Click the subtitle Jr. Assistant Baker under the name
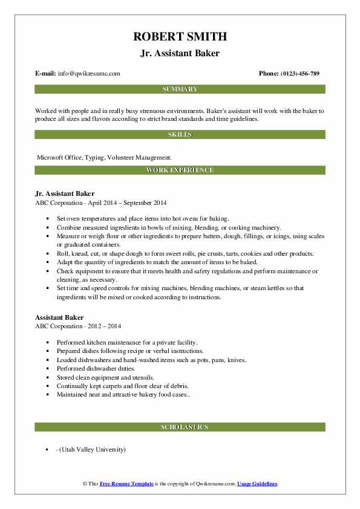[x=180, y=53]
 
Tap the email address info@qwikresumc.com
[x=89, y=74]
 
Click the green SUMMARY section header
[x=180, y=89]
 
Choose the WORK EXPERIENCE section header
[x=180, y=170]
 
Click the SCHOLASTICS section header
[x=180, y=427]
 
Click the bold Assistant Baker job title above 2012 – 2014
[x=59, y=317]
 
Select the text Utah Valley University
[x=93, y=450]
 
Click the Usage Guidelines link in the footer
[x=257, y=484]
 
